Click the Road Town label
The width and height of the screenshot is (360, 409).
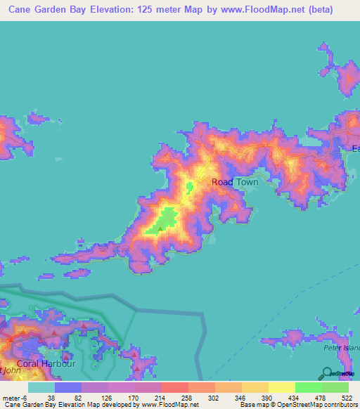235,182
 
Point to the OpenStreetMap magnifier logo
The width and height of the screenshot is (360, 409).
327,373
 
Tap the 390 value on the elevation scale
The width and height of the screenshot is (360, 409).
265,397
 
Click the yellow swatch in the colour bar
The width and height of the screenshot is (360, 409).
281,387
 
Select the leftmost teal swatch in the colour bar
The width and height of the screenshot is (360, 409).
41,387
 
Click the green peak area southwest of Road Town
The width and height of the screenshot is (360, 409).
166,219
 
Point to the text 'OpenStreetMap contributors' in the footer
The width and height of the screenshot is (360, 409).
316,405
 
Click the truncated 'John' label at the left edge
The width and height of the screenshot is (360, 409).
8,370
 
